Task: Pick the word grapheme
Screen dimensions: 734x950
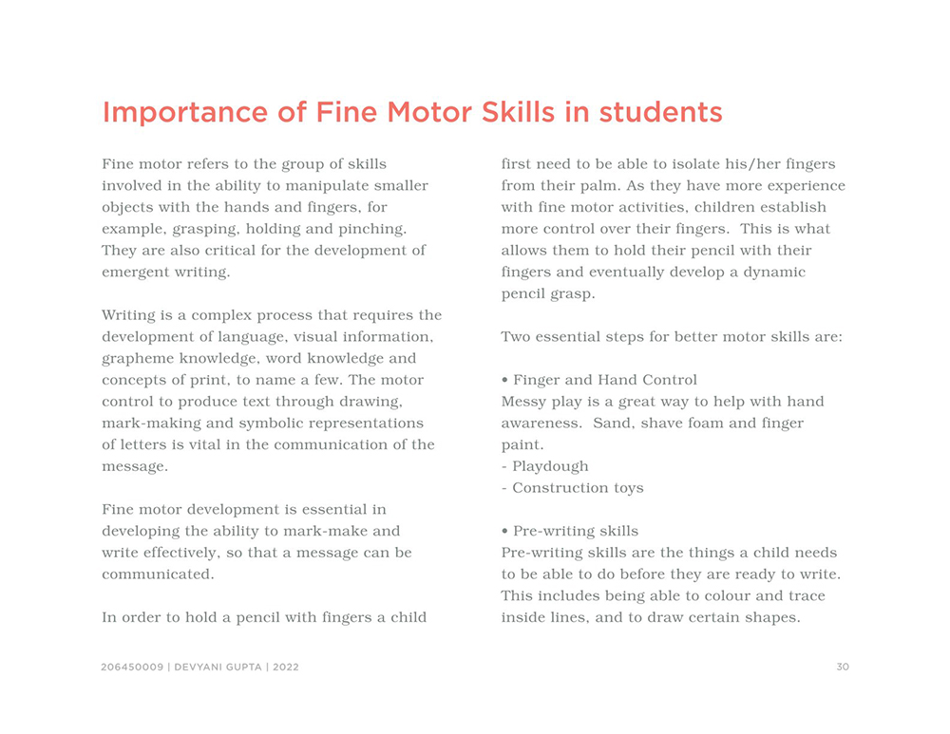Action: coord(137,359)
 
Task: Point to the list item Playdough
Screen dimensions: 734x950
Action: coord(550,466)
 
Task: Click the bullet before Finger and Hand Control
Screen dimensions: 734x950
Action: coord(504,381)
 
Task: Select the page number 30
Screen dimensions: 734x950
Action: coord(843,668)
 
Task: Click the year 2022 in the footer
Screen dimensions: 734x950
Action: coord(285,668)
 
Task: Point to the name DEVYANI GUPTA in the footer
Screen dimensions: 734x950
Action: coord(218,668)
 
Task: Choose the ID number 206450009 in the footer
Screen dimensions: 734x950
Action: coord(133,668)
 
